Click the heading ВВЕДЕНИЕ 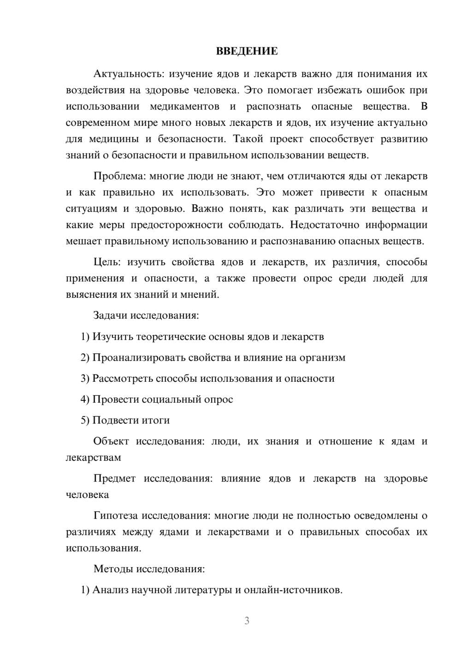pos(247,51)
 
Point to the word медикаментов pos(184,107)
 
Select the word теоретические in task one pos(174,337)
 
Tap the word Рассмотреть pos(122,379)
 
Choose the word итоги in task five pos(155,421)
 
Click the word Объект pos(111,441)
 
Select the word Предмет pos(114,479)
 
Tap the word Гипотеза pos(115,516)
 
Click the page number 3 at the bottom pos(247,621)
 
